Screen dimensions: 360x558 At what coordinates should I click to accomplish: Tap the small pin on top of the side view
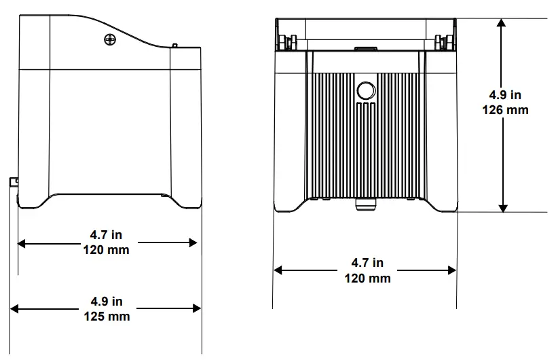(174, 46)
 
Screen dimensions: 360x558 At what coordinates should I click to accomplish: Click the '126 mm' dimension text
(504, 109)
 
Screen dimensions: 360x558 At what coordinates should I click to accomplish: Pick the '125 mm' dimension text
(107, 316)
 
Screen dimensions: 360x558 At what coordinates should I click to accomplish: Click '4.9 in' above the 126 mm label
(504, 96)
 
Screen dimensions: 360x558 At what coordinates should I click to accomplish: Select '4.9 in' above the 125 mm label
(107, 301)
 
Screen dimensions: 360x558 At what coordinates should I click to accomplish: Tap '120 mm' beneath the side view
(106, 249)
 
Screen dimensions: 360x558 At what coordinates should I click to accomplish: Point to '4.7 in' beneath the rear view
(367, 263)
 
